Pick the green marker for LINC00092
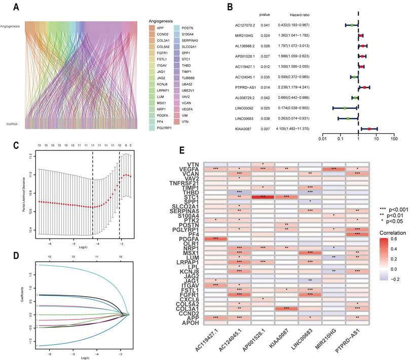coord(345,108)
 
